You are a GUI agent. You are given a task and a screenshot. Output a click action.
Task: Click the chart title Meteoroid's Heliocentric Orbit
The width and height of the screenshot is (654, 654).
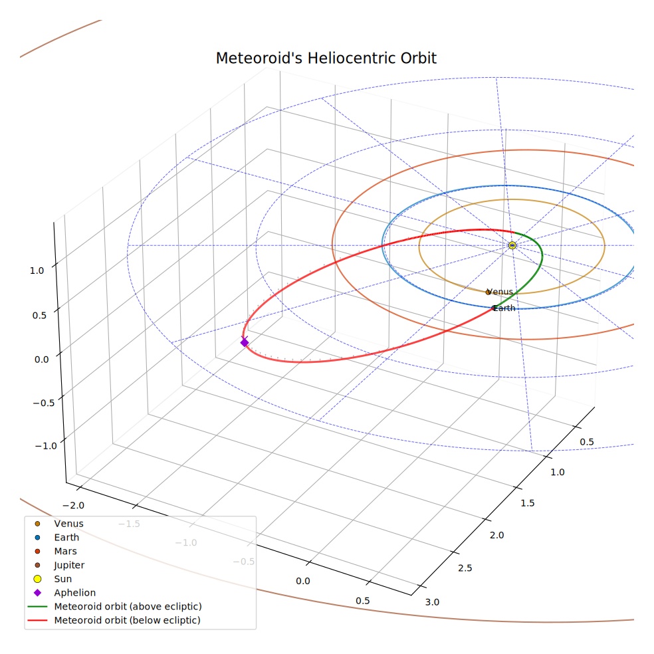[x=326, y=58]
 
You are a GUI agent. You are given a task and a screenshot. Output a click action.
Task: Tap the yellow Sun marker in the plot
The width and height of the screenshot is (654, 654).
[x=512, y=245]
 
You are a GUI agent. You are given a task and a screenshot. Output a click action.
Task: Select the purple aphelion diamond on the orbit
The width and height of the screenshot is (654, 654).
[x=245, y=342]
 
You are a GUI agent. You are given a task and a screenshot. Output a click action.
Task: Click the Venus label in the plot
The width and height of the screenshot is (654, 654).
[x=500, y=292]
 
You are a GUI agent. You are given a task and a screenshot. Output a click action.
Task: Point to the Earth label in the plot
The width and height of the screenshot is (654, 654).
[x=504, y=308]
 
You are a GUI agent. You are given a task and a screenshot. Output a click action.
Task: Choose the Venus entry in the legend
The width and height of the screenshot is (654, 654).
[x=69, y=524]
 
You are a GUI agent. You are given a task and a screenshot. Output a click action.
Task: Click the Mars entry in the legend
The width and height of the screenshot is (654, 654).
[x=66, y=551]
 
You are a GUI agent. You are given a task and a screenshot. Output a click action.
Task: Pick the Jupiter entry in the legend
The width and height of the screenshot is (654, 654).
[x=69, y=565]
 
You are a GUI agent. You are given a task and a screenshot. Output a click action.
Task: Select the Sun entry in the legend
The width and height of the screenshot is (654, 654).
[x=63, y=579]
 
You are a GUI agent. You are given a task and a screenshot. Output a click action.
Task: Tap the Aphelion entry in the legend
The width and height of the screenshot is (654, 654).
[x=75, y=593]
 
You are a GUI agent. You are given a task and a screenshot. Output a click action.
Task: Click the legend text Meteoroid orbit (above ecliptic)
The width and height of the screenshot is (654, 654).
[x=128, y=606]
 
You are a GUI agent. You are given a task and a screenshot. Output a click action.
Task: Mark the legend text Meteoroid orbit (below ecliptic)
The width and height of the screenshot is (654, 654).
[x=127, y=620]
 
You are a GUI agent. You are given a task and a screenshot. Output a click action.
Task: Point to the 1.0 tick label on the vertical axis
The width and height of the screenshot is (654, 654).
[x=37, y=271]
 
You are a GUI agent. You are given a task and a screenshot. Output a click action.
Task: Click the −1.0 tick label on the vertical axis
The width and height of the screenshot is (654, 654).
[x=46, y=446]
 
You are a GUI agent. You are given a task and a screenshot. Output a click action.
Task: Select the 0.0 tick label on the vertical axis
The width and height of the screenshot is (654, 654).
[x=42, y=360]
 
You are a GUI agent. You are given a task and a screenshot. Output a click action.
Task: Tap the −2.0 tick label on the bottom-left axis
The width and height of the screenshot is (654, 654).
[x=73, y=506]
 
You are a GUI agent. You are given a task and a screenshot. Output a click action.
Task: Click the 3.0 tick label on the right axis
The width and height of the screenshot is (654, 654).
[x=432, y=602]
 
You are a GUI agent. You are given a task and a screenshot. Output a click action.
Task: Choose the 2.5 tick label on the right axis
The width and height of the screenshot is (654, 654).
[x=465, y=568]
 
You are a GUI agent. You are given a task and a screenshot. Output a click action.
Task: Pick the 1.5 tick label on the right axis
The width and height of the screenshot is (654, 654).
[x=527, y=503]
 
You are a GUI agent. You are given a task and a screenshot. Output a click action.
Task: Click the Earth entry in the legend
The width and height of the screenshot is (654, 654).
[x=66, y=537]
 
